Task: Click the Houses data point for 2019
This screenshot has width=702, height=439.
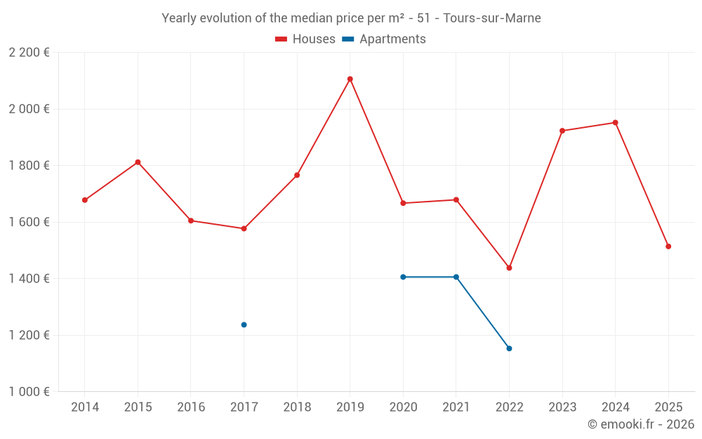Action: coord(350,79)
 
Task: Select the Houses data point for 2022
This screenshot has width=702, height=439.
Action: coord(509,268)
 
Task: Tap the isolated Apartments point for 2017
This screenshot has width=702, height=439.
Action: coord(244,325)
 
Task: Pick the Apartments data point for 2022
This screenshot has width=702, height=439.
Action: coord(509,348)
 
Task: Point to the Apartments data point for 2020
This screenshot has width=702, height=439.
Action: coord(403,277)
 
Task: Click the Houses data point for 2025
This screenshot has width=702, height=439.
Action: coord(668,247)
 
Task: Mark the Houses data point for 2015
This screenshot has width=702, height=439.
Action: coord(138,162)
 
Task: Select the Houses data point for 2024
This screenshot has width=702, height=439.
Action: coord(615,122)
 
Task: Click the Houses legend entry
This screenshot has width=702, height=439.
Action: coord(305,39)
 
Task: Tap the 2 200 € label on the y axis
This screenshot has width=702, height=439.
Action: coord(29,53)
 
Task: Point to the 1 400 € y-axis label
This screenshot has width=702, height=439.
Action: coord(29,279)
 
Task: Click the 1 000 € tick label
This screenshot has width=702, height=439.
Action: coord(29,392)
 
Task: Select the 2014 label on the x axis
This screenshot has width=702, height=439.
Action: coord(85,407)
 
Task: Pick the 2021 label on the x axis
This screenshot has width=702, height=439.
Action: coord(456,407)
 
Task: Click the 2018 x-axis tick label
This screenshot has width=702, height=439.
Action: coord(297,407)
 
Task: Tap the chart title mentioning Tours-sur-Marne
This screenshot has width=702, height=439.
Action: coord(351,18)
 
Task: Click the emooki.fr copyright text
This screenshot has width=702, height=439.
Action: coord(640,424)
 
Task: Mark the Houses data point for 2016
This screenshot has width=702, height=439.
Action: coord(191,221)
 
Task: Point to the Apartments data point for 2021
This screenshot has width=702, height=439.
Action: coord(456,277)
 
